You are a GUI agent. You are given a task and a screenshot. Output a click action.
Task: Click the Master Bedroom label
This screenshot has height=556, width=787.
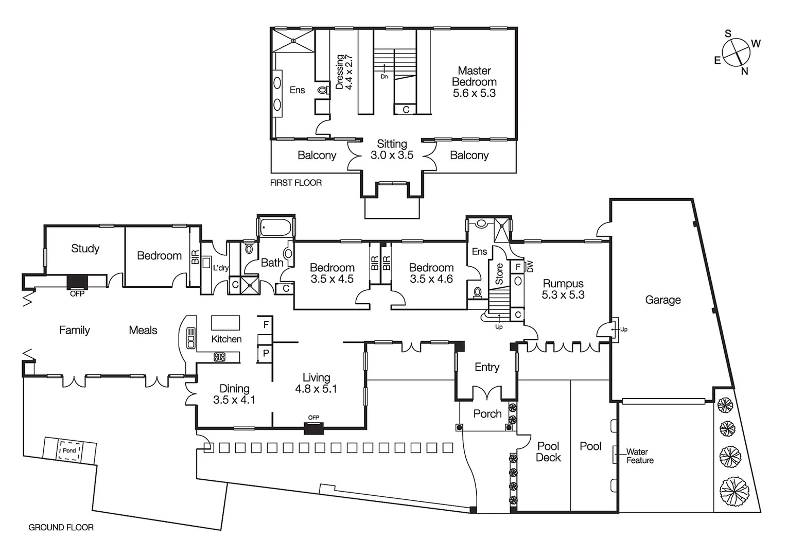pyautogui.click(x=474, y=82)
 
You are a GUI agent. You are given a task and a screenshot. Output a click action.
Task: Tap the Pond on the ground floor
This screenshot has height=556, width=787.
pyautogui.click(x=69, y=450)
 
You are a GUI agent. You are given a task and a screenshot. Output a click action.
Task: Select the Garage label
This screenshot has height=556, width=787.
pyautogui.click(x=663, y=300)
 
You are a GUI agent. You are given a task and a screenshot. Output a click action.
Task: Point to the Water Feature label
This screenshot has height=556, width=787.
pyautogui.click(x=639, y=456)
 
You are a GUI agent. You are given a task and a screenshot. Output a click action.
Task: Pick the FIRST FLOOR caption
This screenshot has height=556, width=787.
pyautogui.click(x=296, y=183)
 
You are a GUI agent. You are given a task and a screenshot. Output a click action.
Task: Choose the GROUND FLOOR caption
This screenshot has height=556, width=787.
pyautogui.click(x=61, y=527)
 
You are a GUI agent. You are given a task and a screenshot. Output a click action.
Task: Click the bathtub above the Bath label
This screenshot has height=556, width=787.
pyautogui.click(x=276, y=227)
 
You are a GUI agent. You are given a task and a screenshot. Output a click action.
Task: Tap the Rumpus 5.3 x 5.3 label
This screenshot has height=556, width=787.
pyautogui.click(x=563, y=289)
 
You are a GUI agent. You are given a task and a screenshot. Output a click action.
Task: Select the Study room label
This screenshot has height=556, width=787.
pyautogui.click(x=85, y=249)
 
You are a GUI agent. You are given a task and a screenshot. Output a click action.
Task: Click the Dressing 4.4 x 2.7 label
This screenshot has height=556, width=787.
pyautogui.click(x=344, y=72)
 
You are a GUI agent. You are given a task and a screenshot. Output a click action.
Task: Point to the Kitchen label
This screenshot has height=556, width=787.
pyautogui.click(x=226, y=339)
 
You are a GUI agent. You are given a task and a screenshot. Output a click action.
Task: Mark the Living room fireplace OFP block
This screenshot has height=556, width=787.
pyautogui.click(x=313, y=428)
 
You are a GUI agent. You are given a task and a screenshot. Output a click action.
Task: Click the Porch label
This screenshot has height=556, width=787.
pyautogui.click(x=487, y=414)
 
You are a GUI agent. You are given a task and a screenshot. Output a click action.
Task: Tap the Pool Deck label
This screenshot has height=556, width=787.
pyautogui.click(x=548, y=451)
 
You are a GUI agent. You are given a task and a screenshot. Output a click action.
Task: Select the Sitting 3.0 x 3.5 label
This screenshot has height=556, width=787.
pyautogui.click(x=392, y=149)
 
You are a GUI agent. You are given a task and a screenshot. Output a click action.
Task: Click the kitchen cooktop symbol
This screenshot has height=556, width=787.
pyautogui.click(x=220, y=356)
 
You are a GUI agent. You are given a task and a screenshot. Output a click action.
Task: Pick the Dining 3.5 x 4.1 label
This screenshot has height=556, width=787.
pyautogui.click(x=234, y=394)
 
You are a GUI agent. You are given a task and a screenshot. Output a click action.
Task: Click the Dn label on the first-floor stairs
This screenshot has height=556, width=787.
pyautogui.click(x=384, y=77)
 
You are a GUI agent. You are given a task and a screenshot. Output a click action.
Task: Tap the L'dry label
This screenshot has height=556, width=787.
pyautogui.click(x=221, y=268)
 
